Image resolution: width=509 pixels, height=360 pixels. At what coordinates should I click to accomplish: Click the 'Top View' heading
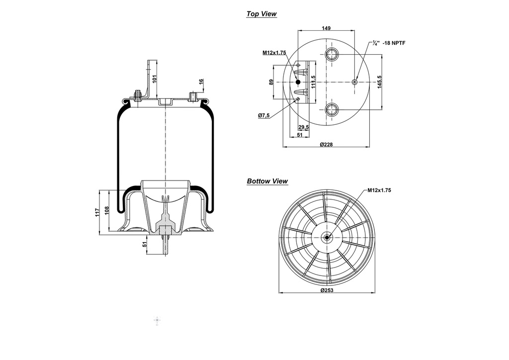(261, 14)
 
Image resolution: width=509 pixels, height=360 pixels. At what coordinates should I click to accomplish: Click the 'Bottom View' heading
(267, 181)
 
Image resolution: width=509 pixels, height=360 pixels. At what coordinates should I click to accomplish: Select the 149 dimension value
(326, 28)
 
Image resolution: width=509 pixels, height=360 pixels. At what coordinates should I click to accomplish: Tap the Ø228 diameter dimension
(326, 144)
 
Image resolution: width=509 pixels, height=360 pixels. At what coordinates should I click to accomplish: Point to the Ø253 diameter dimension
(327, 290)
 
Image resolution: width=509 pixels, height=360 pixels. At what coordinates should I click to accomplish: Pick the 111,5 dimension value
(313, 82)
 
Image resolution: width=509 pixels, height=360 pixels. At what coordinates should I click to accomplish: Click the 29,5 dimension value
(303, 127)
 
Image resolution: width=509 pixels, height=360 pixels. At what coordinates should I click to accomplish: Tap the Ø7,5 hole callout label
(263, 115)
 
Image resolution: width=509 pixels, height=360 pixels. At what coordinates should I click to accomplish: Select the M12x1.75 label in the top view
(274, 52)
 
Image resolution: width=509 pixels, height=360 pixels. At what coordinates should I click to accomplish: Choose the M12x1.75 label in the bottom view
(379, 190)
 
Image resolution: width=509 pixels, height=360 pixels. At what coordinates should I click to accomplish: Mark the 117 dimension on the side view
(97, 212)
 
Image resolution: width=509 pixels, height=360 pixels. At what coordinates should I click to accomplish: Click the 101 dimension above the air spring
(155, 79)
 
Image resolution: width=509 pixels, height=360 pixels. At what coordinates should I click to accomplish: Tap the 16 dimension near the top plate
(201, 82)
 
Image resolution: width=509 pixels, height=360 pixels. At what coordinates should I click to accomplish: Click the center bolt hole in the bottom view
(327, 238)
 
